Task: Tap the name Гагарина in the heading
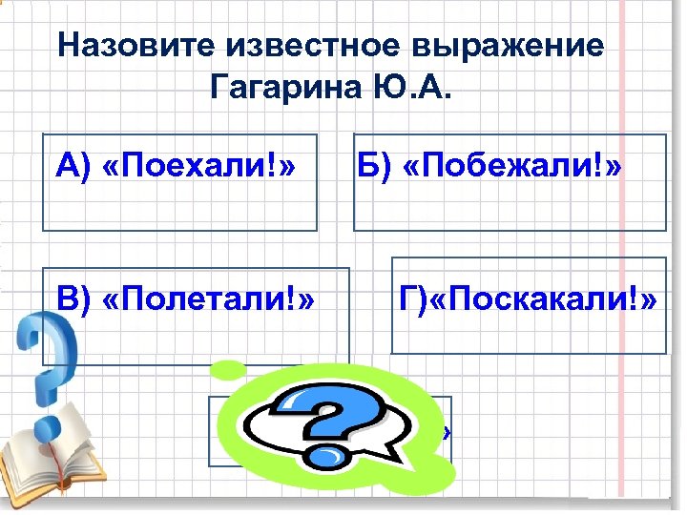[x=281, y=90]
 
